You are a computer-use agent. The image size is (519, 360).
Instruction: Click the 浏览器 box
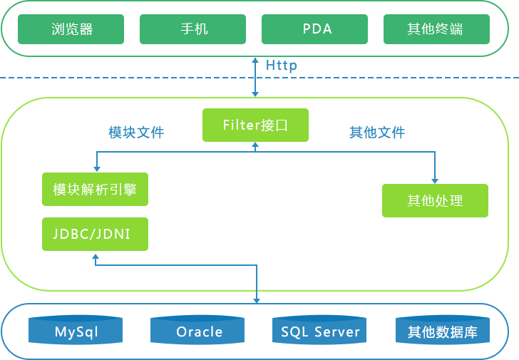(71, 29)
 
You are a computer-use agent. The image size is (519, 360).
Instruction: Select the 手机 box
(192, 29)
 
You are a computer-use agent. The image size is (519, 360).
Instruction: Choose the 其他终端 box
(436, 29)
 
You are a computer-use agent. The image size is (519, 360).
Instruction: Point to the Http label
(281, 66)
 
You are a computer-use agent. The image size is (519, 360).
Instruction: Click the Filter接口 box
(255, 125)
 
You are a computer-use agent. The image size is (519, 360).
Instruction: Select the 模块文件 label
(135, 133)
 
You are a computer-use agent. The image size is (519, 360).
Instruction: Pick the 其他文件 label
(377, 133)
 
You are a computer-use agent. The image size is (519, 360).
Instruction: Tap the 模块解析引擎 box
(95, 190)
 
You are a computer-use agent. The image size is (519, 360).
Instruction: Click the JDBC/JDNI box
(95, 234)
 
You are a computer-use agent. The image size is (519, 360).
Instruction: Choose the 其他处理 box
(435, 201)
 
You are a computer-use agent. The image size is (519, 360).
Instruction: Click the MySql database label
(76, 332)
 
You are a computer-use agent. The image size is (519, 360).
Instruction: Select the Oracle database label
(200, 332)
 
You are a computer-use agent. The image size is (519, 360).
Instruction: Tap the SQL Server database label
(320, 332)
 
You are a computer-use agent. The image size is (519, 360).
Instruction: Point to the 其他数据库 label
(442, 332)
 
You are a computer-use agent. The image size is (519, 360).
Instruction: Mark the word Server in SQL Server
(337, 332)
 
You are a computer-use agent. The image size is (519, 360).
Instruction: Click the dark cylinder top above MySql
(76, 315)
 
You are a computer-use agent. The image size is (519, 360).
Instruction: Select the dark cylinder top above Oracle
(198, 315)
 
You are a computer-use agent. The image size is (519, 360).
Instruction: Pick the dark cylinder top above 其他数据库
(443, 315)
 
